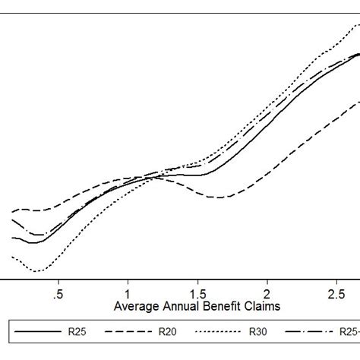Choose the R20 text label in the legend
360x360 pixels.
[x=168, y=333]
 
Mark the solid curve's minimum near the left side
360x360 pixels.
[x=32, y=242]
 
